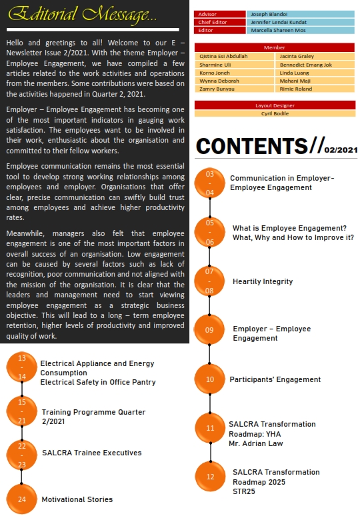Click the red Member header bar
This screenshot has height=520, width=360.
tap(274, 47)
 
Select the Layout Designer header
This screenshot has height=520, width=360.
tap(274, 105)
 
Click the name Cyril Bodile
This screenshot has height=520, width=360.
tap(275, 113)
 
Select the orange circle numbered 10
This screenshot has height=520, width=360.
tap(210, 379)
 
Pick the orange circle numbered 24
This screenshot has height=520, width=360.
tap(22, 499)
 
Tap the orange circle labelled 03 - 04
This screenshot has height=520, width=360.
tap(210, 183)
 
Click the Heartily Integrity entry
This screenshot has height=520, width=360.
tap(263, 281)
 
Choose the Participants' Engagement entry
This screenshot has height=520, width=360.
tap(275, 379)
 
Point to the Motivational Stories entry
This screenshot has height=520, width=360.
tap(77, 499)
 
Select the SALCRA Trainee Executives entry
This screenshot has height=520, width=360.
tap(91, 453)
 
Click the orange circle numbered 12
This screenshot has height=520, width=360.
tap(211, 477)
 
